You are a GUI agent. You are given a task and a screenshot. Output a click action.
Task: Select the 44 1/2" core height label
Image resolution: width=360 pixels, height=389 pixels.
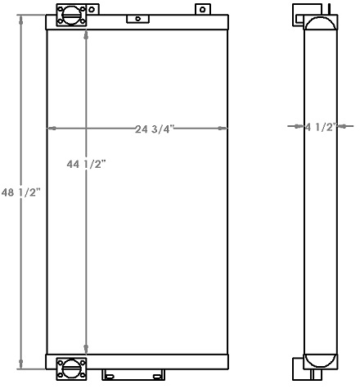click(x=85, y=164)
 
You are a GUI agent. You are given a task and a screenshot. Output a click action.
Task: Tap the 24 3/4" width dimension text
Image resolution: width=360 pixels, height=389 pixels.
click(x=155, y=129)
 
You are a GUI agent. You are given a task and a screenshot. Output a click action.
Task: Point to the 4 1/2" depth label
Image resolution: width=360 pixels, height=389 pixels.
click(x=320, y=127)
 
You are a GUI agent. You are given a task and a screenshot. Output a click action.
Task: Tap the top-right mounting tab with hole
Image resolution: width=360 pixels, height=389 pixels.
click(x=200, y=10)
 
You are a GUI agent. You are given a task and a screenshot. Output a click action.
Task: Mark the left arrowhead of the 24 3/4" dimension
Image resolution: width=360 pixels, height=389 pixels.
click(x=52, y=129)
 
